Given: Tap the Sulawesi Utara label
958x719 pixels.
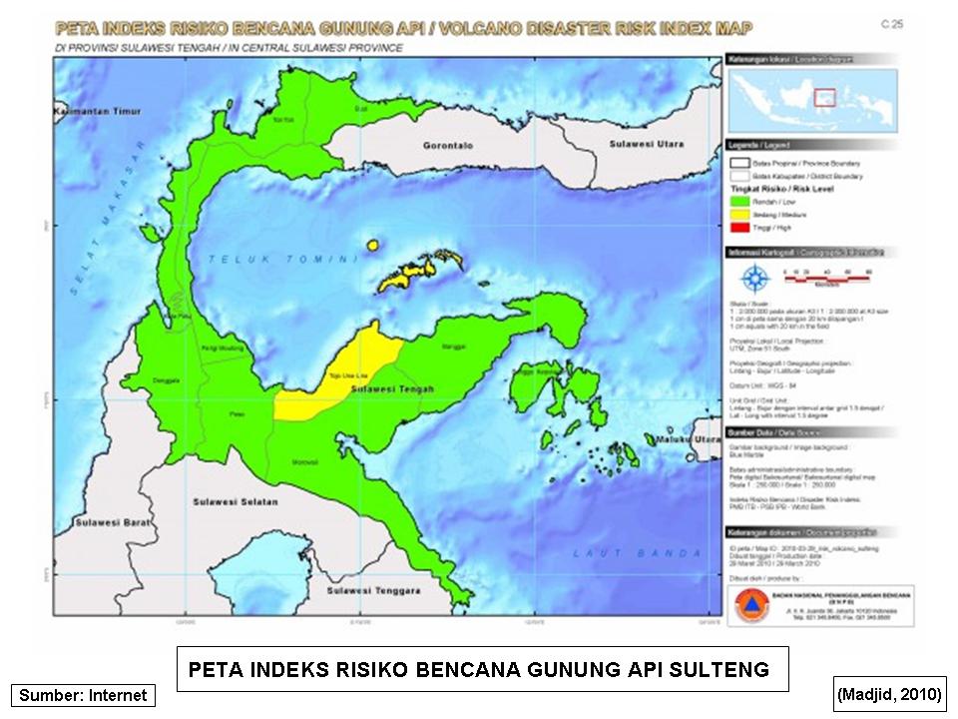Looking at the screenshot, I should pos(647,145).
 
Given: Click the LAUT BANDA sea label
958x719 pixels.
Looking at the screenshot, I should pos(612,550).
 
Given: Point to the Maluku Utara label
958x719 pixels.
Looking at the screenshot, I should pos(689,440).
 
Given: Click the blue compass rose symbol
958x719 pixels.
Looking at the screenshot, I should pos(756,281).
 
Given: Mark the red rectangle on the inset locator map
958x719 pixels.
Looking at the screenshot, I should pos(824,97).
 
